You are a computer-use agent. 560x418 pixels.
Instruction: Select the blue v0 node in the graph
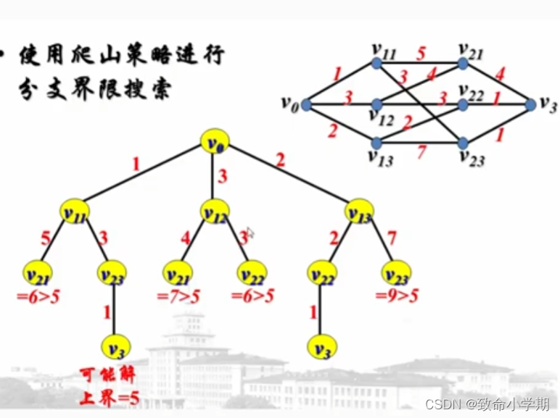click(x=305, y=105)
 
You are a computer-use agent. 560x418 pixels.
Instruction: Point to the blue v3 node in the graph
click(x=530, y=105)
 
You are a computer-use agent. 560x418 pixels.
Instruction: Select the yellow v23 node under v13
click(x=396, y=273)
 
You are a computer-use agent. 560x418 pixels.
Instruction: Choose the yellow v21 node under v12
click(x=176, y=273)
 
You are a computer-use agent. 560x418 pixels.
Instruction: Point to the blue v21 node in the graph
click(x=463, y=64)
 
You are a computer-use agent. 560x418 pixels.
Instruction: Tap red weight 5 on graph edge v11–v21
click(x=420, y=52)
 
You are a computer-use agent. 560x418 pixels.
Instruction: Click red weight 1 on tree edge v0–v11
click(x=135, y=164)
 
